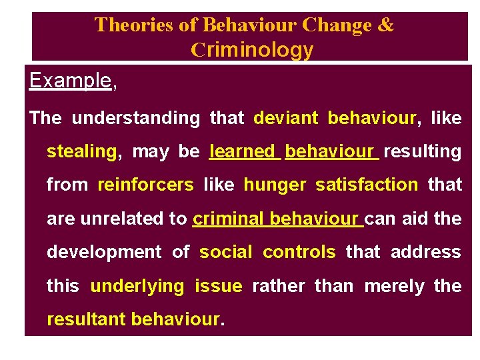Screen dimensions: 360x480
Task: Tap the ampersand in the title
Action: pyautogui.click(x=386, y=25)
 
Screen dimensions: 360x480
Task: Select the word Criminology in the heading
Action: pyautogui.click(x=252, y=49)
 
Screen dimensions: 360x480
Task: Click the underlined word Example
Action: pyautogui.click(x=70, y=81)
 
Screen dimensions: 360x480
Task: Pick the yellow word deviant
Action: pyautogui.click(x=287, y=118)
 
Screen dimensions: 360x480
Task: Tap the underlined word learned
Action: pyautogui.click(x=245, y=151)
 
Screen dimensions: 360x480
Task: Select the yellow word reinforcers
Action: pyautogui.click(x=145, y=185)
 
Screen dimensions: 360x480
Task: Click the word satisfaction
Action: pyautogui.click(x=367, y=185)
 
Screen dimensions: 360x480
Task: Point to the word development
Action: pyautogui.click(x=104, y=252)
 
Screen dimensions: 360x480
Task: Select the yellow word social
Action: pyautogui.click(x=227, y=252)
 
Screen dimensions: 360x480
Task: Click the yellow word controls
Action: pyautogui.click(x=299, y=252)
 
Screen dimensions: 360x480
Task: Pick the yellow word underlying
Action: pyautogui.click(x=137, y=286)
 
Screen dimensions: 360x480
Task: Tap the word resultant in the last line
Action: pyautogui.click(x=87, y=319)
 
